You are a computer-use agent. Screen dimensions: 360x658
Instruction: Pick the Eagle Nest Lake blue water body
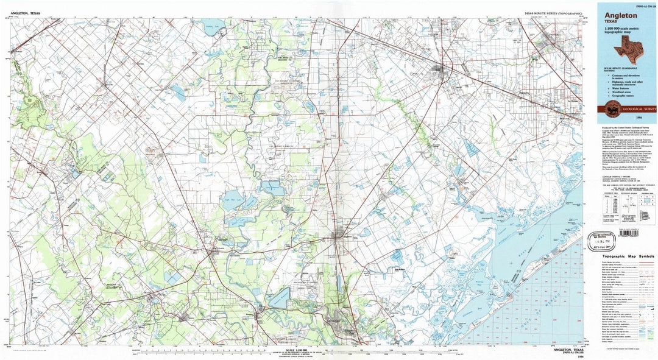click(x=233, y=201)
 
